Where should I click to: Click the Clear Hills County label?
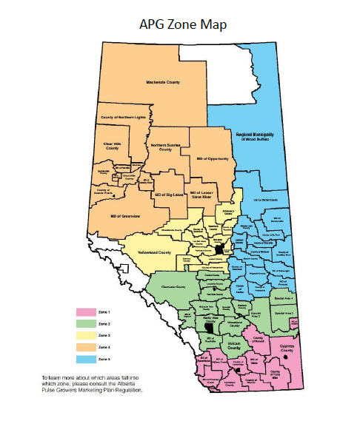tap(112, 146)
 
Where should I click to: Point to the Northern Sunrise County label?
tap(165, 147)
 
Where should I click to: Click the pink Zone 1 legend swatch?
tap(87, 313)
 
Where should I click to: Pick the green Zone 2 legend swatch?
tap(87, 324)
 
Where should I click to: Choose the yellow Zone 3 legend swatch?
tap(87, 335)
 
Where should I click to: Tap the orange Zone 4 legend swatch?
tap(87, 346)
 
